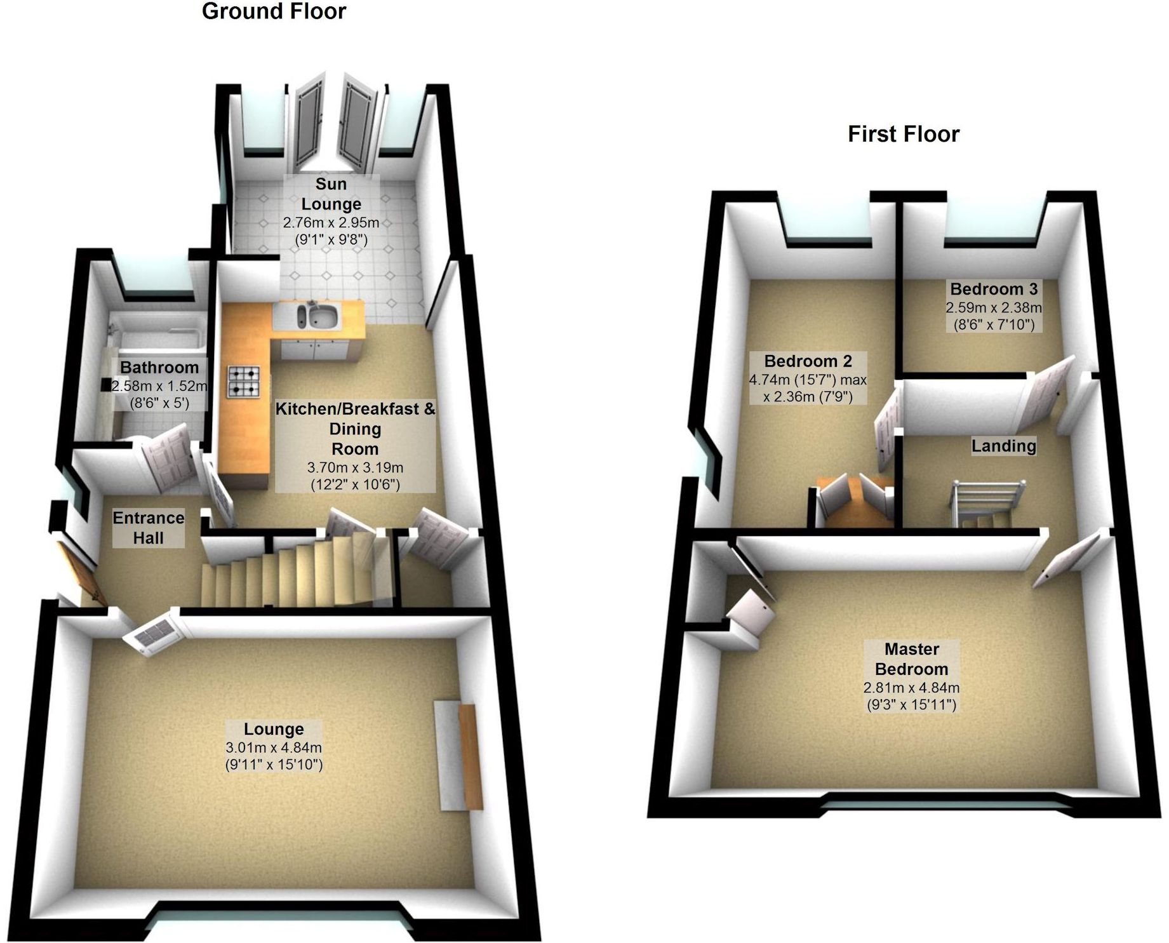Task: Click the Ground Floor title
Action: (x=274, y=11)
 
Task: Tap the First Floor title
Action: (x=903, y=134)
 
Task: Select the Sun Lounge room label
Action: (x=331, y=194)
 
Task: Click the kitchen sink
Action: (x=318, y=315)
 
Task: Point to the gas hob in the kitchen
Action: (x=244, y=381)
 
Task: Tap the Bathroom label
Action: (x=159, y=368)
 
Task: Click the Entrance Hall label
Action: (x=149, y=528)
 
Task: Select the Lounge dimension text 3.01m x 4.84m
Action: (x=274, y=747)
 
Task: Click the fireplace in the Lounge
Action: (x=459, y=756)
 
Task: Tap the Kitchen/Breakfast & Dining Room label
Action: (x=355, y=429)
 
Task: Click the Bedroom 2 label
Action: (x=808, y=361)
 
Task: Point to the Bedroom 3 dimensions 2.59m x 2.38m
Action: (x=994, y=308)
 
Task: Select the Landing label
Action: (x=1003, y=446)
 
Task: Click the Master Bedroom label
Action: (x=911, y=659)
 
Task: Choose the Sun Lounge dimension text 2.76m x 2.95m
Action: (x=331, y=223)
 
